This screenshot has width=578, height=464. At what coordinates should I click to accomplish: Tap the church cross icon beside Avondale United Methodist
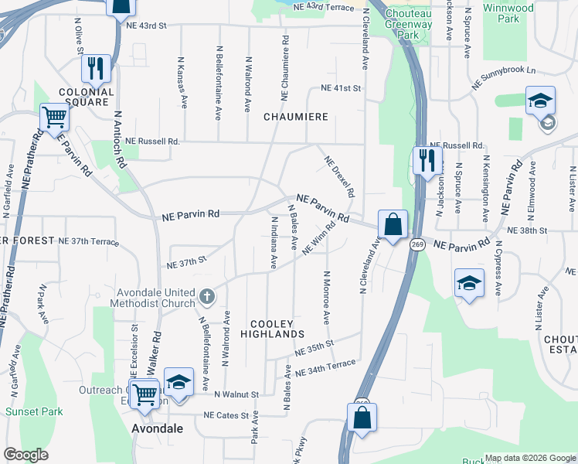click(206, 295)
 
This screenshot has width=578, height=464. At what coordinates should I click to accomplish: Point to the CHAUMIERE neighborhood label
click(296, 117)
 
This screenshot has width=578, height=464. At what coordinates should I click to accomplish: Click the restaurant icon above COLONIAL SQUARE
click(96, 69)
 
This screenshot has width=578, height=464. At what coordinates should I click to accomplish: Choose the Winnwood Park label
click(508, 13)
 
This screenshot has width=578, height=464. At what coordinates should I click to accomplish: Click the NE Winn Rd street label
click(321, 240)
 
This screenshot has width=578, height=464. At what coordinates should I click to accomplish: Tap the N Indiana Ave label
click(274, 243)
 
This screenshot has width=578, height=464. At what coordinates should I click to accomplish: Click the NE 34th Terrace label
click(330, 366)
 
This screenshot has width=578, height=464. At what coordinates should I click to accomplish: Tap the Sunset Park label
click(34, 411)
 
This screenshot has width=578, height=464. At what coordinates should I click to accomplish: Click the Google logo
click(26, 454)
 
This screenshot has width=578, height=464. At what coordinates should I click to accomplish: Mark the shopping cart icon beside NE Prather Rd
click(56, 118)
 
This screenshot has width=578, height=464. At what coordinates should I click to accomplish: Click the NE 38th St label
click(527, 230)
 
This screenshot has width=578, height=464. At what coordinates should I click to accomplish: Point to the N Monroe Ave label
click(326, 298)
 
